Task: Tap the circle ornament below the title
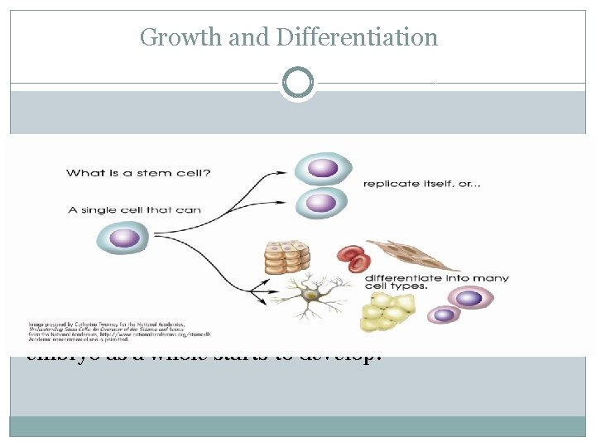click(x=297, y=83)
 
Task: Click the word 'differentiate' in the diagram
click(x=404, y=278)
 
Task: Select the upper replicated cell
click(x=323, y=168)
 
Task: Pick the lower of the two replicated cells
click(x=322, y=201)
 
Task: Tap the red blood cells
click(x=353, y=258)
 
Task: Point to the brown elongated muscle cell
click(x=412, y=254)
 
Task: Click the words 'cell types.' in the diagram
click(x=397, y=289)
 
